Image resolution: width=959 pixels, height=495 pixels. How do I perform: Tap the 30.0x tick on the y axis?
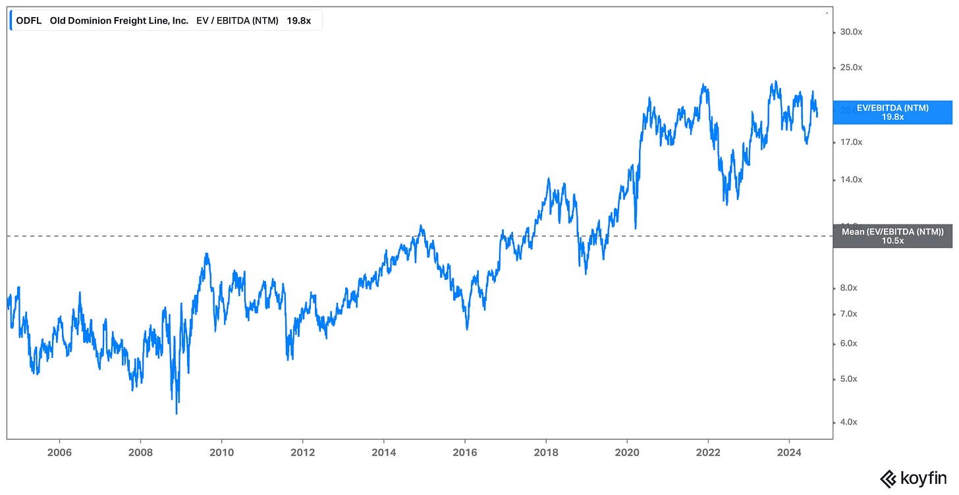click(x=847, y=32)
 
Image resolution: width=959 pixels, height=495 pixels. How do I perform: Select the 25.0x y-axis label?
click(x=847, y=67)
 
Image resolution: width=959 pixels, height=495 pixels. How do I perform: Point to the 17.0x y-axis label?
click(x=847, y=142)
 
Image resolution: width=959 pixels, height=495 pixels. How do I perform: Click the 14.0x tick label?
click(x=847, y=180)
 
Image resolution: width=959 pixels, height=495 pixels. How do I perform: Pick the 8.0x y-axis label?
click(x=847, y=288)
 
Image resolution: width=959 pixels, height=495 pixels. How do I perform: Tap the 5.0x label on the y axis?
click(x=847, y=379)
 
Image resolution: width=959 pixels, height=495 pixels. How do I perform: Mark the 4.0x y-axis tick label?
click(x=847, y=422)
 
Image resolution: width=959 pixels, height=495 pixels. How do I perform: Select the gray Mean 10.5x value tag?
click(x=893, y=236)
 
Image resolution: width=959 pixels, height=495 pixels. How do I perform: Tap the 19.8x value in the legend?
click(x=298, y=20)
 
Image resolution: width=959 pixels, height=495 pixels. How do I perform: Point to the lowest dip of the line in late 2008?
click(x=177, y=413)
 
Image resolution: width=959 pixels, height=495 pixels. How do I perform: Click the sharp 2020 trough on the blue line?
click(x=635, y=228)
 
